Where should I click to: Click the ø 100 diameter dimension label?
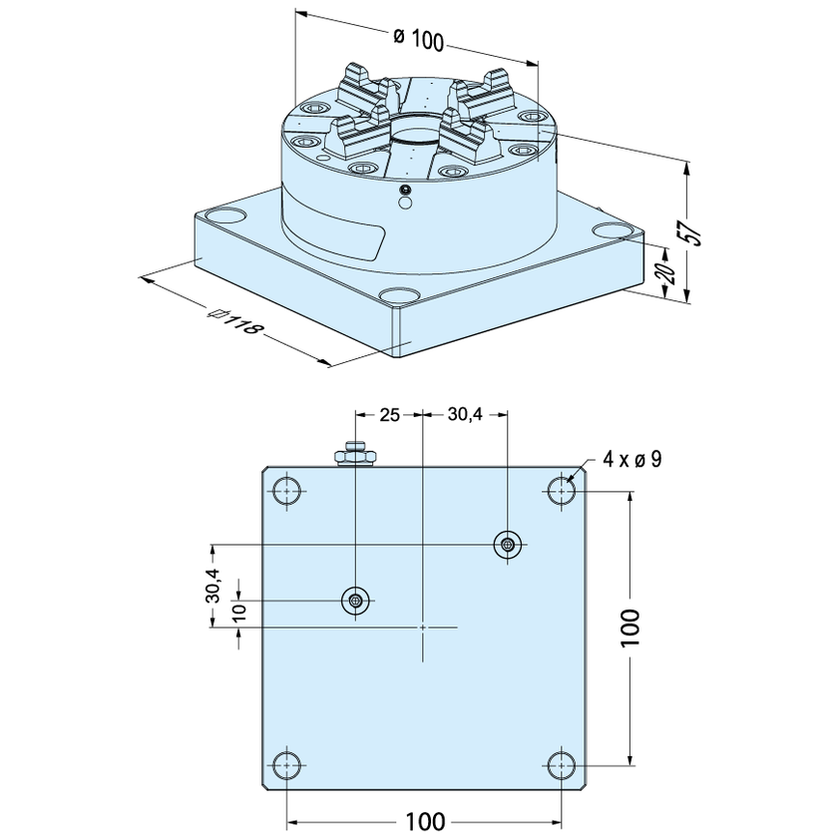point(418,39)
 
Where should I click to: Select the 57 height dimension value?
point(693,231)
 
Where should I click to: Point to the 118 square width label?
point(235,319)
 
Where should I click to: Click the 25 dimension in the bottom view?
point(390,414)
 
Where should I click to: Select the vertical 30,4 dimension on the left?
point(212,586)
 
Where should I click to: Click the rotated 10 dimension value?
point(239,611)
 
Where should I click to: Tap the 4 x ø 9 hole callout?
point(632,459)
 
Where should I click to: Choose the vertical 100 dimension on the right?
point(630,628)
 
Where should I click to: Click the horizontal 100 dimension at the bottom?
point(425,821)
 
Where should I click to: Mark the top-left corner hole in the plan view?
point(287,491)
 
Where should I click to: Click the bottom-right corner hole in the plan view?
point(561,765)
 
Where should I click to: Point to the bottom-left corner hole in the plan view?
point(287,765)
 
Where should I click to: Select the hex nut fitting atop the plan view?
point(355,454)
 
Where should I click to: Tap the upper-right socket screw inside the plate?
point(507,545)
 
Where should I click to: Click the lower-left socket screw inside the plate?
point(355,601)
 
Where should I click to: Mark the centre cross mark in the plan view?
point(423,627)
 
